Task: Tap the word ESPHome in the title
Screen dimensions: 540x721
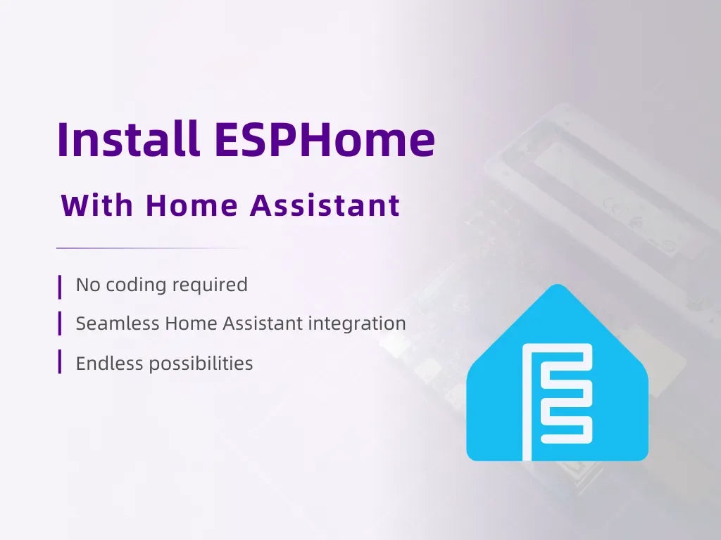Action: pos(325,139)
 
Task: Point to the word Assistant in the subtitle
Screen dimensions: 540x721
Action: pos(325,206)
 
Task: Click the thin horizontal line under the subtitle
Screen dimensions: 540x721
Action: pos(155,248)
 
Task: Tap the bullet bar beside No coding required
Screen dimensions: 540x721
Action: pos(60,285)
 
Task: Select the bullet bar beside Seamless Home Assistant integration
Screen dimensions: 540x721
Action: pos(60,323)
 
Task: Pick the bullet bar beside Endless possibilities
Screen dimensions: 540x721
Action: pos(60,363)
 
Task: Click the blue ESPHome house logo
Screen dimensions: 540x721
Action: pos(557,380)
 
